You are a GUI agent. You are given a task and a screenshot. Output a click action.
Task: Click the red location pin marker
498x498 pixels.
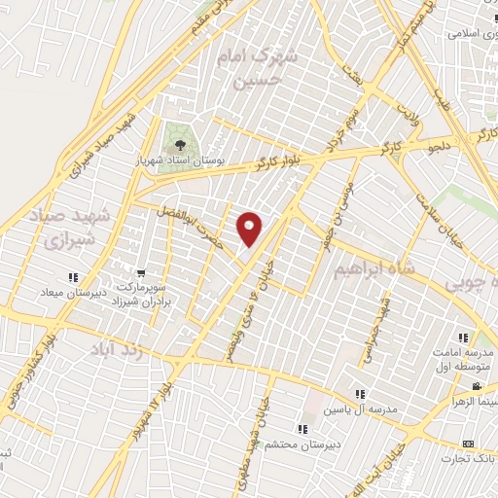coord(250,229)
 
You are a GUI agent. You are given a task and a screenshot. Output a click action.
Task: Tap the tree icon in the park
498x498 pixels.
coord(179,138)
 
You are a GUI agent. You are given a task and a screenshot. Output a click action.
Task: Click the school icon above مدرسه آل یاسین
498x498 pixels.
coord(360,394)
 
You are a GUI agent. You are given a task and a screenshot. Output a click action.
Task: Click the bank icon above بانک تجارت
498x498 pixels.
coord(469,443)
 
